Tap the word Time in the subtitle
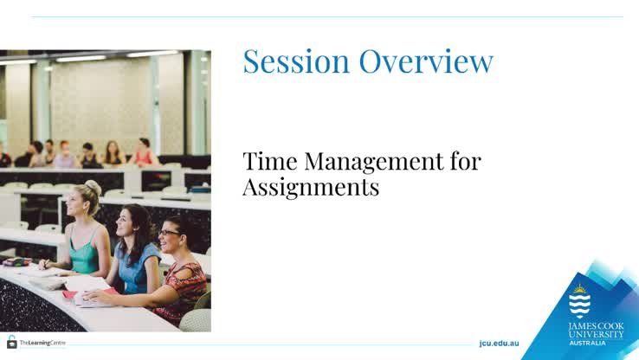click(268, 161)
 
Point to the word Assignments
click(311, 187)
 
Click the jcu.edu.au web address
click(499, 344)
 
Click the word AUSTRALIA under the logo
click(588, 343)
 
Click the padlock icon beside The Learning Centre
click(12, 342)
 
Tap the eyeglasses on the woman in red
click(168, 232)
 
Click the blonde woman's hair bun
click(93, 187)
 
